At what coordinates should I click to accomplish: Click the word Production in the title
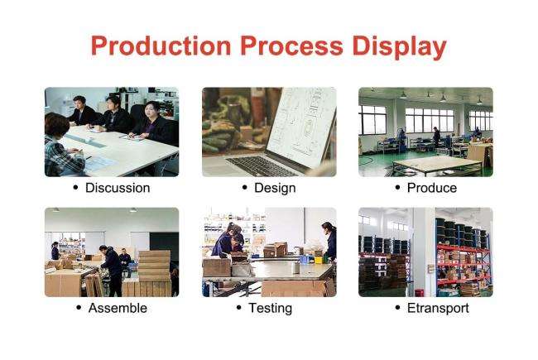point(161,46)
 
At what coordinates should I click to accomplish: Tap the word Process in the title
point(291,46)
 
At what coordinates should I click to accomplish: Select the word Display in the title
point(400,47)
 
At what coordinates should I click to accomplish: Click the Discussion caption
point(118,188)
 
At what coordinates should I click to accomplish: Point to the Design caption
point(275,188)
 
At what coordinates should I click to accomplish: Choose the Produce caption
point(431,188)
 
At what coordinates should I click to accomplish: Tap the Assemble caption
point(118,308)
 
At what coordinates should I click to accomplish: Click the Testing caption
point(271,308)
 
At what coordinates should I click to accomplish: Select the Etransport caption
point(438,308)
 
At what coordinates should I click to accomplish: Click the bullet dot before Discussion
point(75,187)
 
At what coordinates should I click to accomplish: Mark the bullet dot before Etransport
point(397,308)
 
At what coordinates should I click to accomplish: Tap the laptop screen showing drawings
point(301,127)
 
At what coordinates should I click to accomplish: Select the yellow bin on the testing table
point(319,260)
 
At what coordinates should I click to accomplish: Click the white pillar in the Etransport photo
point(424,252)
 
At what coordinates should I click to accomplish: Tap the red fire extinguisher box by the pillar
point(418,293)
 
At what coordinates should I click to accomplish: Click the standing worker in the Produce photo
point(436,137)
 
